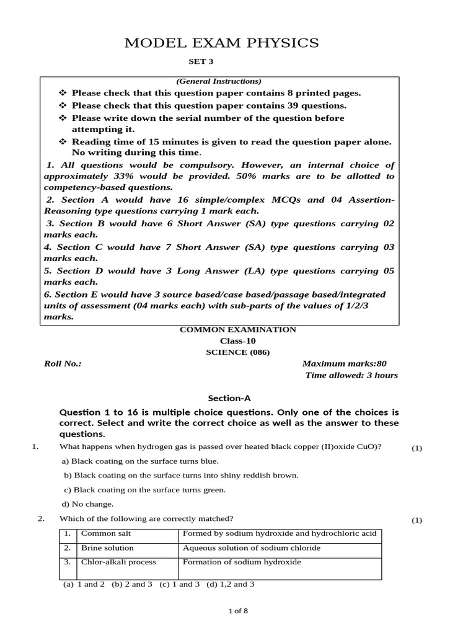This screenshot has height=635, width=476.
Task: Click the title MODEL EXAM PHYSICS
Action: click(x=221, y=43)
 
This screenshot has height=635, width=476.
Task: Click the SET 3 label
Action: click(x=200, y=62)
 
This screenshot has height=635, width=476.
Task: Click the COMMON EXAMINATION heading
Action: click(x=237, y=329)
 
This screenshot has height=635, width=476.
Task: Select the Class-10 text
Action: click(x=237, y=340)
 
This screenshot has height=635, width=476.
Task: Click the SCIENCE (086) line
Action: click(x=237, y=352)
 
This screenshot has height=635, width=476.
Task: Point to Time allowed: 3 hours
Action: click(x=352, y=375)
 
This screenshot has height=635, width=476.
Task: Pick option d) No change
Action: click(x=87, y=504)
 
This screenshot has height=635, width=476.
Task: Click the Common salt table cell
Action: click(x=106, y=533)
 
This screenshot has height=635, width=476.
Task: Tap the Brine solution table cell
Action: click(x=107, y=548)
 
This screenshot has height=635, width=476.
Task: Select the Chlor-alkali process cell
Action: click(x=118, y=562)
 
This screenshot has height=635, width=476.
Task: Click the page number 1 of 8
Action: click(x=238, y=611)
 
